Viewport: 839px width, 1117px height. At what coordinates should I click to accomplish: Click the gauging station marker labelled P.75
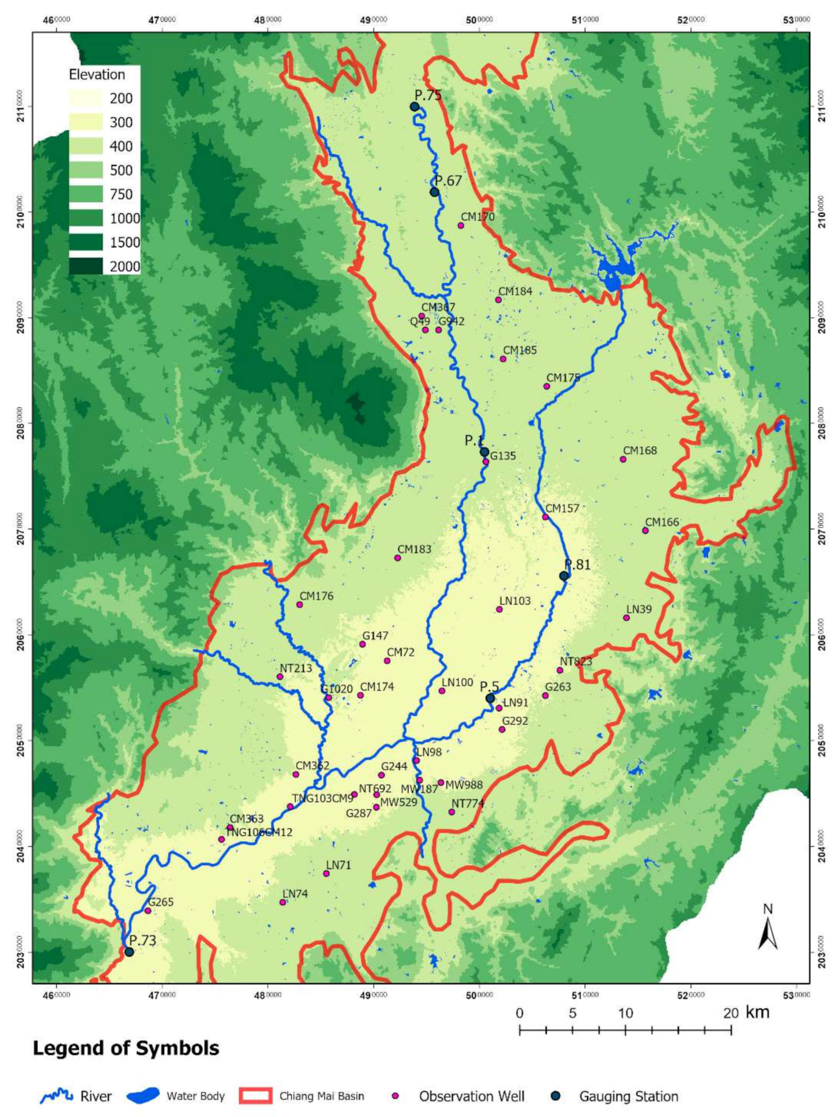pos(415,107)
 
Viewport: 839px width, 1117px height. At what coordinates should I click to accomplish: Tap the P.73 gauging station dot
pos(129,952)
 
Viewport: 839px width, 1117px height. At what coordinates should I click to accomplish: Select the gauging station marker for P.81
pos(564,576)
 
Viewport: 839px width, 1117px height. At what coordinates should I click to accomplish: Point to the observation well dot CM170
pos(461,225)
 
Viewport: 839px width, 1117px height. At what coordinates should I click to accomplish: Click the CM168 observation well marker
pos(623,459)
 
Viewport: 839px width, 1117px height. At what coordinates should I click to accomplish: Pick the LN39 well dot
pos(626,618)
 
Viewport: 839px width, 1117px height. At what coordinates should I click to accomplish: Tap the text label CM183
pos(414,549)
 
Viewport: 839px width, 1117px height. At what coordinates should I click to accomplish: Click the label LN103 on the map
pos(515,601)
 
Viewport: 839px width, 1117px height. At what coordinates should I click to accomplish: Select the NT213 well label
pos(295,668)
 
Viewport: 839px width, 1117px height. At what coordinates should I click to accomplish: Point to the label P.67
pos(448,181)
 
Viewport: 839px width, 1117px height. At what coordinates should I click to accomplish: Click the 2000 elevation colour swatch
pos(86,266)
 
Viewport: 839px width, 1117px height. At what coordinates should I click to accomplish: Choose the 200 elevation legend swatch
pos(86,98)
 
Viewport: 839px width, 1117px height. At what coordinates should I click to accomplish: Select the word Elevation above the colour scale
pos(97,75)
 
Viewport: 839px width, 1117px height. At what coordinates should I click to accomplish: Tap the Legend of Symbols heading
pos(126,1048)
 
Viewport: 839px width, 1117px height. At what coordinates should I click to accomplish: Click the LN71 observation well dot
pos(326,873)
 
